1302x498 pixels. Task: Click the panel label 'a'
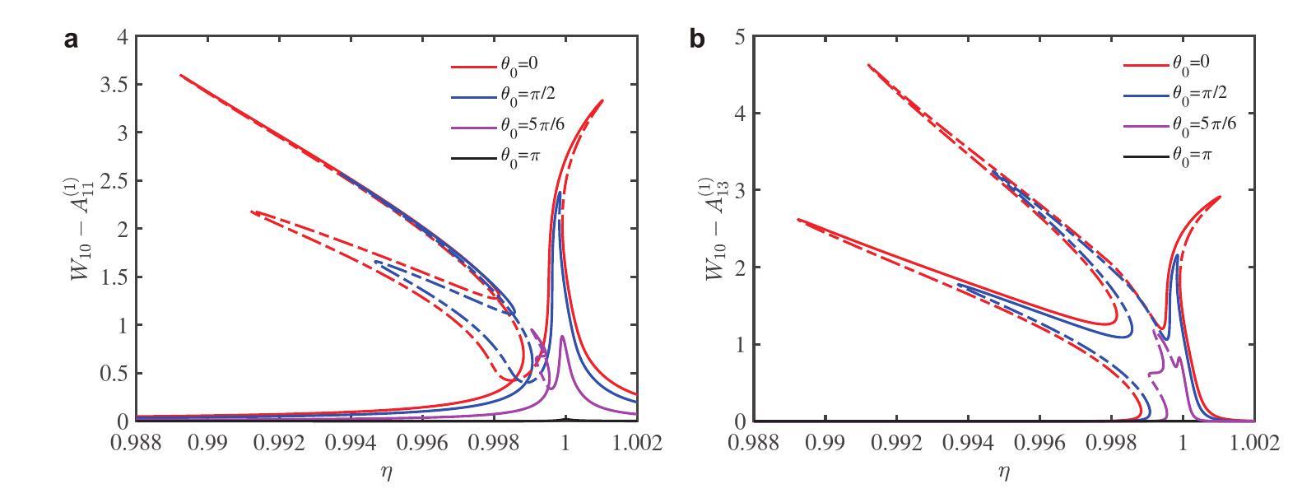click(72, 40)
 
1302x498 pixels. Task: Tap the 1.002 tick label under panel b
click(1253, 444)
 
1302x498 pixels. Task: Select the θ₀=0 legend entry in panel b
click(1161, 62)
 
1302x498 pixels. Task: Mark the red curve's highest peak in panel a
click(602, 100)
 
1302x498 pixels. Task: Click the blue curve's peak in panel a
click(560, 193)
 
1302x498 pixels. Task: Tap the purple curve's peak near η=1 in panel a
click(562, 337)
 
